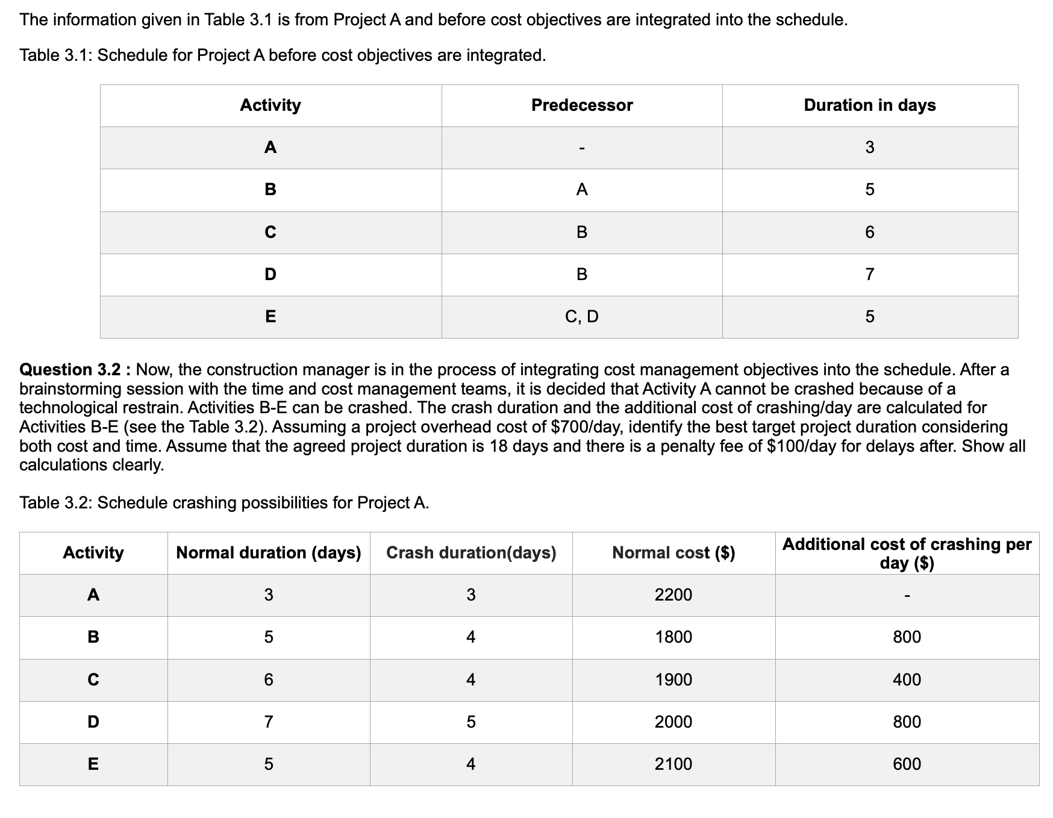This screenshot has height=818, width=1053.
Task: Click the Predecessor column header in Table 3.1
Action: click(x=581, y=105)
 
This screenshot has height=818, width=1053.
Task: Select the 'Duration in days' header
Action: click(x=869, y=105)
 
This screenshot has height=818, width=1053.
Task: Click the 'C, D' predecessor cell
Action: click(x=581, y=316)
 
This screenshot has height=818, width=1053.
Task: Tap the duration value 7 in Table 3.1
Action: click(x=869, y=275)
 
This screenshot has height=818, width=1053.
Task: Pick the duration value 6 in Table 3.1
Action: click(x=869, y=233)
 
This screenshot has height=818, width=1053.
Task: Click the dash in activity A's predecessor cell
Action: click(x=581, y=148)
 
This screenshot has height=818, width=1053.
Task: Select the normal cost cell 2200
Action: click(x=673, y=595)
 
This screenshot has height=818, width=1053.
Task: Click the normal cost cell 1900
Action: click(x=673, y=680)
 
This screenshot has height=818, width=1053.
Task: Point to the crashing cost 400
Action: click(x=907, y=680)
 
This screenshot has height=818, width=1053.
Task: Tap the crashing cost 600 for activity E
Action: click(x=907, y=764)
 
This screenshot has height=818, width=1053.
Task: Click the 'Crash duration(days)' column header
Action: click(x=470, y=553)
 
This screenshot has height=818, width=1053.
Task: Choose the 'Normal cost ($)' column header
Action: click(x=673, y=553)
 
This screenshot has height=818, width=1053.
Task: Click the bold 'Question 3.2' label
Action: click(x=75, y=369)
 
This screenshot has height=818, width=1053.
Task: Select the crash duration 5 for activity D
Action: click(x=470, y=722)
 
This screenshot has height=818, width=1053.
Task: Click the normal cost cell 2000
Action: click(x=673, y=722)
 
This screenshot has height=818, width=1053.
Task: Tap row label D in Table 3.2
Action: click(x=93, y=722)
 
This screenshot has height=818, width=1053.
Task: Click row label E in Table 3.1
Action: click(x=270, y=316)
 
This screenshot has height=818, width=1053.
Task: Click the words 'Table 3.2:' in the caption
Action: click(x=55, y=502)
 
